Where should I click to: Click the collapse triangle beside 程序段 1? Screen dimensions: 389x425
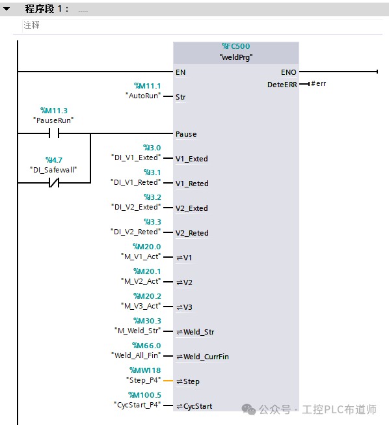(7, 8)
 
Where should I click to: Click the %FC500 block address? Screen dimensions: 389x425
(235, 46)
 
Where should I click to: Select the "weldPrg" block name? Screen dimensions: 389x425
(236, 57)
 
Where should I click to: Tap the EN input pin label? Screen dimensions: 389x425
(180, 72)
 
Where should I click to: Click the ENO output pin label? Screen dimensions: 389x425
(289, 72)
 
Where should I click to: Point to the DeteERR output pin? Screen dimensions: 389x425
(282, 85)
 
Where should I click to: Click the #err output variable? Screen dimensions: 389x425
(319, 83)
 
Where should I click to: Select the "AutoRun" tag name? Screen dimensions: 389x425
(143, 96)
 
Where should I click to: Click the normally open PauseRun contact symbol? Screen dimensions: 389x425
(54, 133)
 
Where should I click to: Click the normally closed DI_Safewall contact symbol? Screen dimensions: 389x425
(54, 183)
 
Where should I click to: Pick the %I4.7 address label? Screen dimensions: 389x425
(53, 160)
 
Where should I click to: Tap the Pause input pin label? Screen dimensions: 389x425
(186, 134)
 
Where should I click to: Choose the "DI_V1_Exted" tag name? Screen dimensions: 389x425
(136, 158)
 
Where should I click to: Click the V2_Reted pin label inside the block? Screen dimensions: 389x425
(192, 233)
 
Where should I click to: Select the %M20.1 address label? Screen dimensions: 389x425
(147, 271)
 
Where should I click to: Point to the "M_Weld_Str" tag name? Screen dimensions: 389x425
(138, 331)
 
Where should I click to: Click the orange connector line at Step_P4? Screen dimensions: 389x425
(168, 381)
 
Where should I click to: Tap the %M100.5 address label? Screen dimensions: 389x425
(144, 395)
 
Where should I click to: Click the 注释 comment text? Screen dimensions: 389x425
(31, 25)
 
